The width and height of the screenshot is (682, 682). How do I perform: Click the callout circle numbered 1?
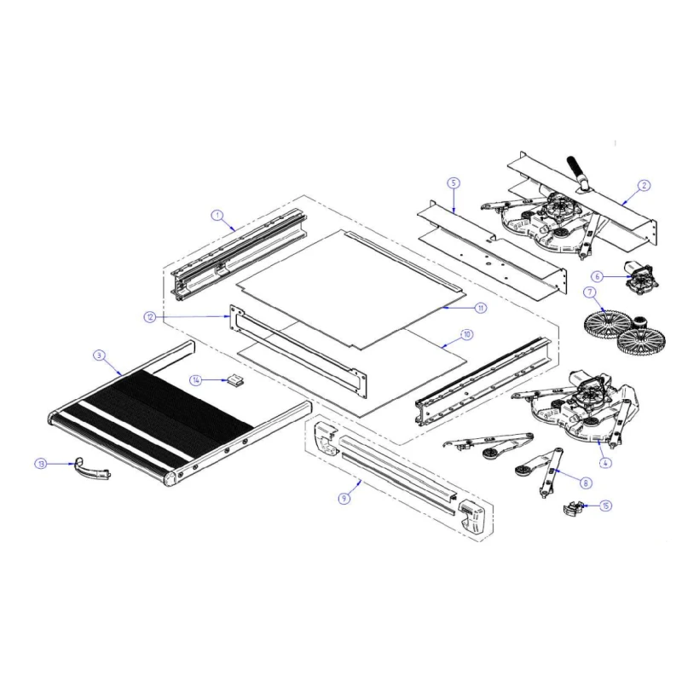pyautogui.click(x=217, y=216)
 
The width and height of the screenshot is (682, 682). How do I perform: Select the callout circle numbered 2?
pyautogui.click(x=644, y=186)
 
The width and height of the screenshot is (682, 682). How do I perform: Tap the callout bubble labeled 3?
pyautogui.click(x=99, y=355)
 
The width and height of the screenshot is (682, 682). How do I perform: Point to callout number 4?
pyautogui.click(x=605, y=463)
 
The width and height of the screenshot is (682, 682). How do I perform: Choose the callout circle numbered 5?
pyautogui.click(x=454, y=182)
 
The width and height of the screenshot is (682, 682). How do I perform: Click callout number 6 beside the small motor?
pyautogui.click(x=598, y=276)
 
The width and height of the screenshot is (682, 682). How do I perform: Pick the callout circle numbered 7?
pyautogui.click(x=590, y=292)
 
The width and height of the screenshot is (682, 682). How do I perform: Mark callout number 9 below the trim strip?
pyautogui.click(x=344, y=498)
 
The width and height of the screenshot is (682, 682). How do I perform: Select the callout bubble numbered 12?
pyautogui.click(x=150, y=317)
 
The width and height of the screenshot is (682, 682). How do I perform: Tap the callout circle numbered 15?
pyautogui.click(x=605, y=506)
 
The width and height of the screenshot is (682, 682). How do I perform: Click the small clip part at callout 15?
pyautogui.click(x=573, y=507)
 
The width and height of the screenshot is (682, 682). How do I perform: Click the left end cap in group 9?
pyautogui.click(x=326, y=438)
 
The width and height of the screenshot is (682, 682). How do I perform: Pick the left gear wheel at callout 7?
pyautogui.click(x=606, y=325)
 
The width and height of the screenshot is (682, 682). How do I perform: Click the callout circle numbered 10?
pyautogui.click(x=466, y=334)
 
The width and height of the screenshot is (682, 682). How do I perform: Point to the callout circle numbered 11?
pyautogui.click(x=480, y=308)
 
